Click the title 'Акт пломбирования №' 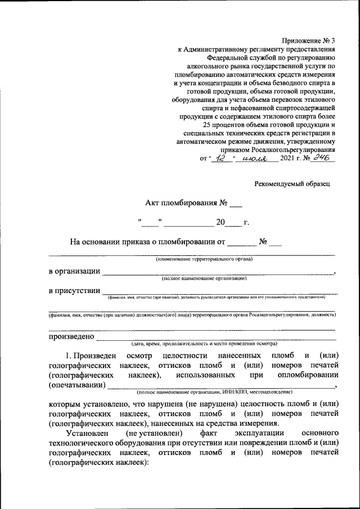pos(186,203)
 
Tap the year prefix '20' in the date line pos(220,222)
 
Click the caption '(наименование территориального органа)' pos(204,259)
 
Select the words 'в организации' pos(74,271)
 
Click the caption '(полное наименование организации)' pos(204,278)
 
